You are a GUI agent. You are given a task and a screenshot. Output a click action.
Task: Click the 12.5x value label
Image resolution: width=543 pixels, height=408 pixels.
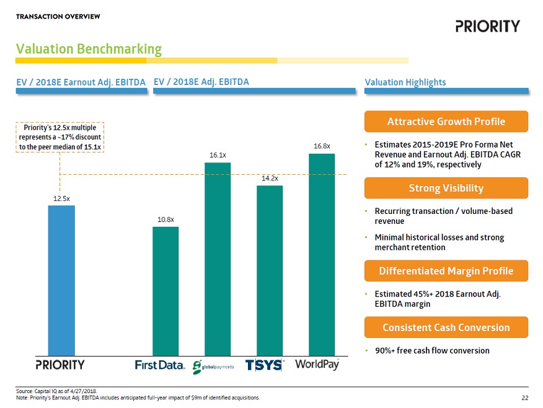click(61, 198)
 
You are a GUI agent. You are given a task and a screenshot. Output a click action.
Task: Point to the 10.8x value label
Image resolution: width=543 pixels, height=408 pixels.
click(166, 220)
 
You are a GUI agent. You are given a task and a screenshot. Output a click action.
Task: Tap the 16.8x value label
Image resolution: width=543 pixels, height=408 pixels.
click(322, 146)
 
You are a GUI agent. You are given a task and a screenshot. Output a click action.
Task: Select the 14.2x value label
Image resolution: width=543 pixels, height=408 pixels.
click(270, 179)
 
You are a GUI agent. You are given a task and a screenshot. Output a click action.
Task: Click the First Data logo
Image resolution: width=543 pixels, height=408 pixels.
click(160, 365)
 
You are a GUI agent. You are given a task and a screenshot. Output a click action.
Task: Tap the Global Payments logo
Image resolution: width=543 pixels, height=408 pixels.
click(213, 366)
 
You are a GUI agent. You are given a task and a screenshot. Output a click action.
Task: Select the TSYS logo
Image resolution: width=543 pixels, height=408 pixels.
click(264, 365)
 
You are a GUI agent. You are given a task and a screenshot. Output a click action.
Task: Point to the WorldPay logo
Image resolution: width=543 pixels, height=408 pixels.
click(317, 364)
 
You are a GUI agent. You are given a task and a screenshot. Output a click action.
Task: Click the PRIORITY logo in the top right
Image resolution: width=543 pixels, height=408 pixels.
click(487, 26)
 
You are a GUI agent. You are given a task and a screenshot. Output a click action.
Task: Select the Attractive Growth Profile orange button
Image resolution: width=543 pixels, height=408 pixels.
click(446, 121)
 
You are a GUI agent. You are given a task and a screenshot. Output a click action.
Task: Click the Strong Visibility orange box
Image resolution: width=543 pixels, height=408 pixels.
click(446, 188)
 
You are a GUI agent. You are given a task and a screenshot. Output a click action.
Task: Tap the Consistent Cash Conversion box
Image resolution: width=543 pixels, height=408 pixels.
click(446, 327)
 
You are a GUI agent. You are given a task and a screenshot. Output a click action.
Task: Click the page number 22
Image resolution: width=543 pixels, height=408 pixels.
click(525, 397)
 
